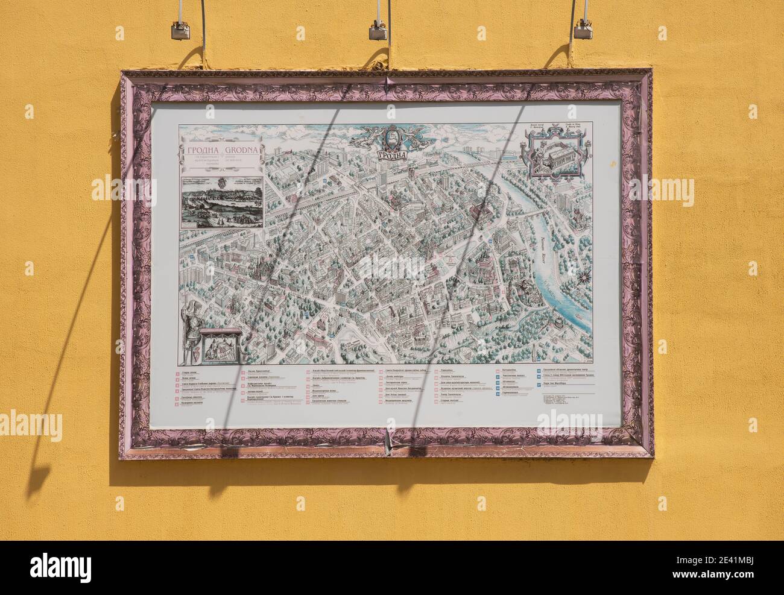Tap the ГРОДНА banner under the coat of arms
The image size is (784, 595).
392,154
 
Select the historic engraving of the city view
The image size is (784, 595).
222,198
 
